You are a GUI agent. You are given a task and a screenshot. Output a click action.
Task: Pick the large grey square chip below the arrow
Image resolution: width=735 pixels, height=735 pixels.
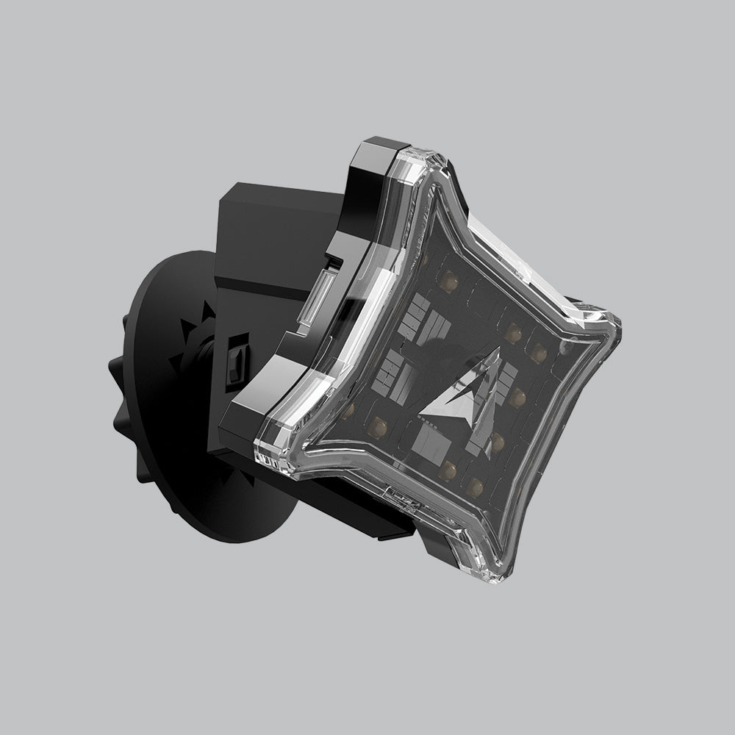click(434, 441)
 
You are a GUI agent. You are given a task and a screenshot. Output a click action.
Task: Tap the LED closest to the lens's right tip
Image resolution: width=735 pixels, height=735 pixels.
click(566, 344)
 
